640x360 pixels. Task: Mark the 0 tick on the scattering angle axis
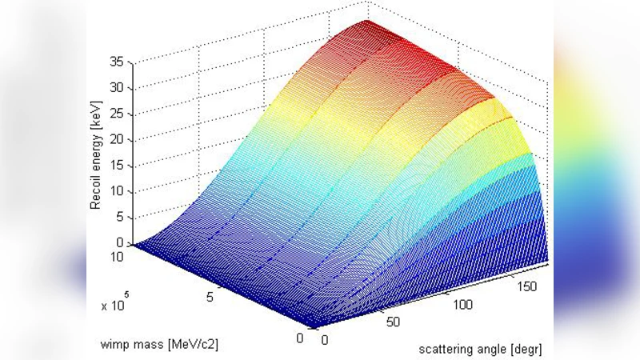[325, 339]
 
